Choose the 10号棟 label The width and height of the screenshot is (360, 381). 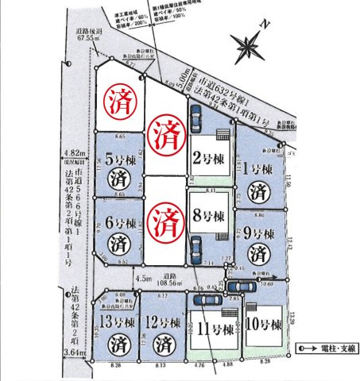[x=264, y=326]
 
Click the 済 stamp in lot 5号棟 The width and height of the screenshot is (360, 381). [x=118, y=176]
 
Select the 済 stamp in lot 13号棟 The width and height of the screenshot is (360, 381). [x=117, y=344]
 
